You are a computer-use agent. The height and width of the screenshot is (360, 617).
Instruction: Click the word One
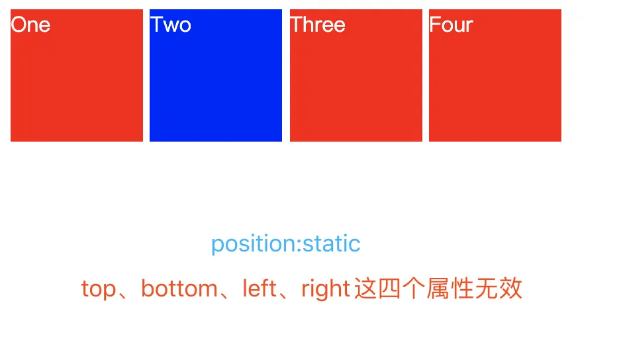(x=30, y=24)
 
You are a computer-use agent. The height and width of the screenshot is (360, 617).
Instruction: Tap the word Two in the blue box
(x=171, y=24)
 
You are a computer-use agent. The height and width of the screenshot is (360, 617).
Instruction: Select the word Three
(x=318, y=24)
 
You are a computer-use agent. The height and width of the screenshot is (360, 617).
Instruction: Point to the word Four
(x=451, y=24)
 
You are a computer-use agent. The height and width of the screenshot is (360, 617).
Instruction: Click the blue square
(x=216, y=75)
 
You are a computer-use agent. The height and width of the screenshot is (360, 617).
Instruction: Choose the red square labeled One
(x=77, y=75)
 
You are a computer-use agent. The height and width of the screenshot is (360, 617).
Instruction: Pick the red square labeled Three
(x=356, y=75)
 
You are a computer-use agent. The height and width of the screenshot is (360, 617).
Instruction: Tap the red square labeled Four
(x=495, y=75)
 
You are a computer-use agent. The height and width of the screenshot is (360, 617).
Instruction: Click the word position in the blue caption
(x=253, y=244)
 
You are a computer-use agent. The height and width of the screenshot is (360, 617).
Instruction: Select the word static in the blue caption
(x=331, y=244)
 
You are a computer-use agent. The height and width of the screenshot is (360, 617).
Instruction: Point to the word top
(x=99, y=289)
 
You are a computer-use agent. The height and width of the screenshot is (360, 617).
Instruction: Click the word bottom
(x=179, y=289)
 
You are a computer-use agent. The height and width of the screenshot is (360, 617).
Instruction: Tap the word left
(x=260, y=289)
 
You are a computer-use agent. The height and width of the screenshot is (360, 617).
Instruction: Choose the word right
(x=326, y=289)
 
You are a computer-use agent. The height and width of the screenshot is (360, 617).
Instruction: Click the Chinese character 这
(x=366, y=289)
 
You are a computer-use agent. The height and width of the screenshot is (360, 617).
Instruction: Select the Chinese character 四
(x=389, y=289)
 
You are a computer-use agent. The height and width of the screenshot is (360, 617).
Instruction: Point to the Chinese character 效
(x=511, y=289)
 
